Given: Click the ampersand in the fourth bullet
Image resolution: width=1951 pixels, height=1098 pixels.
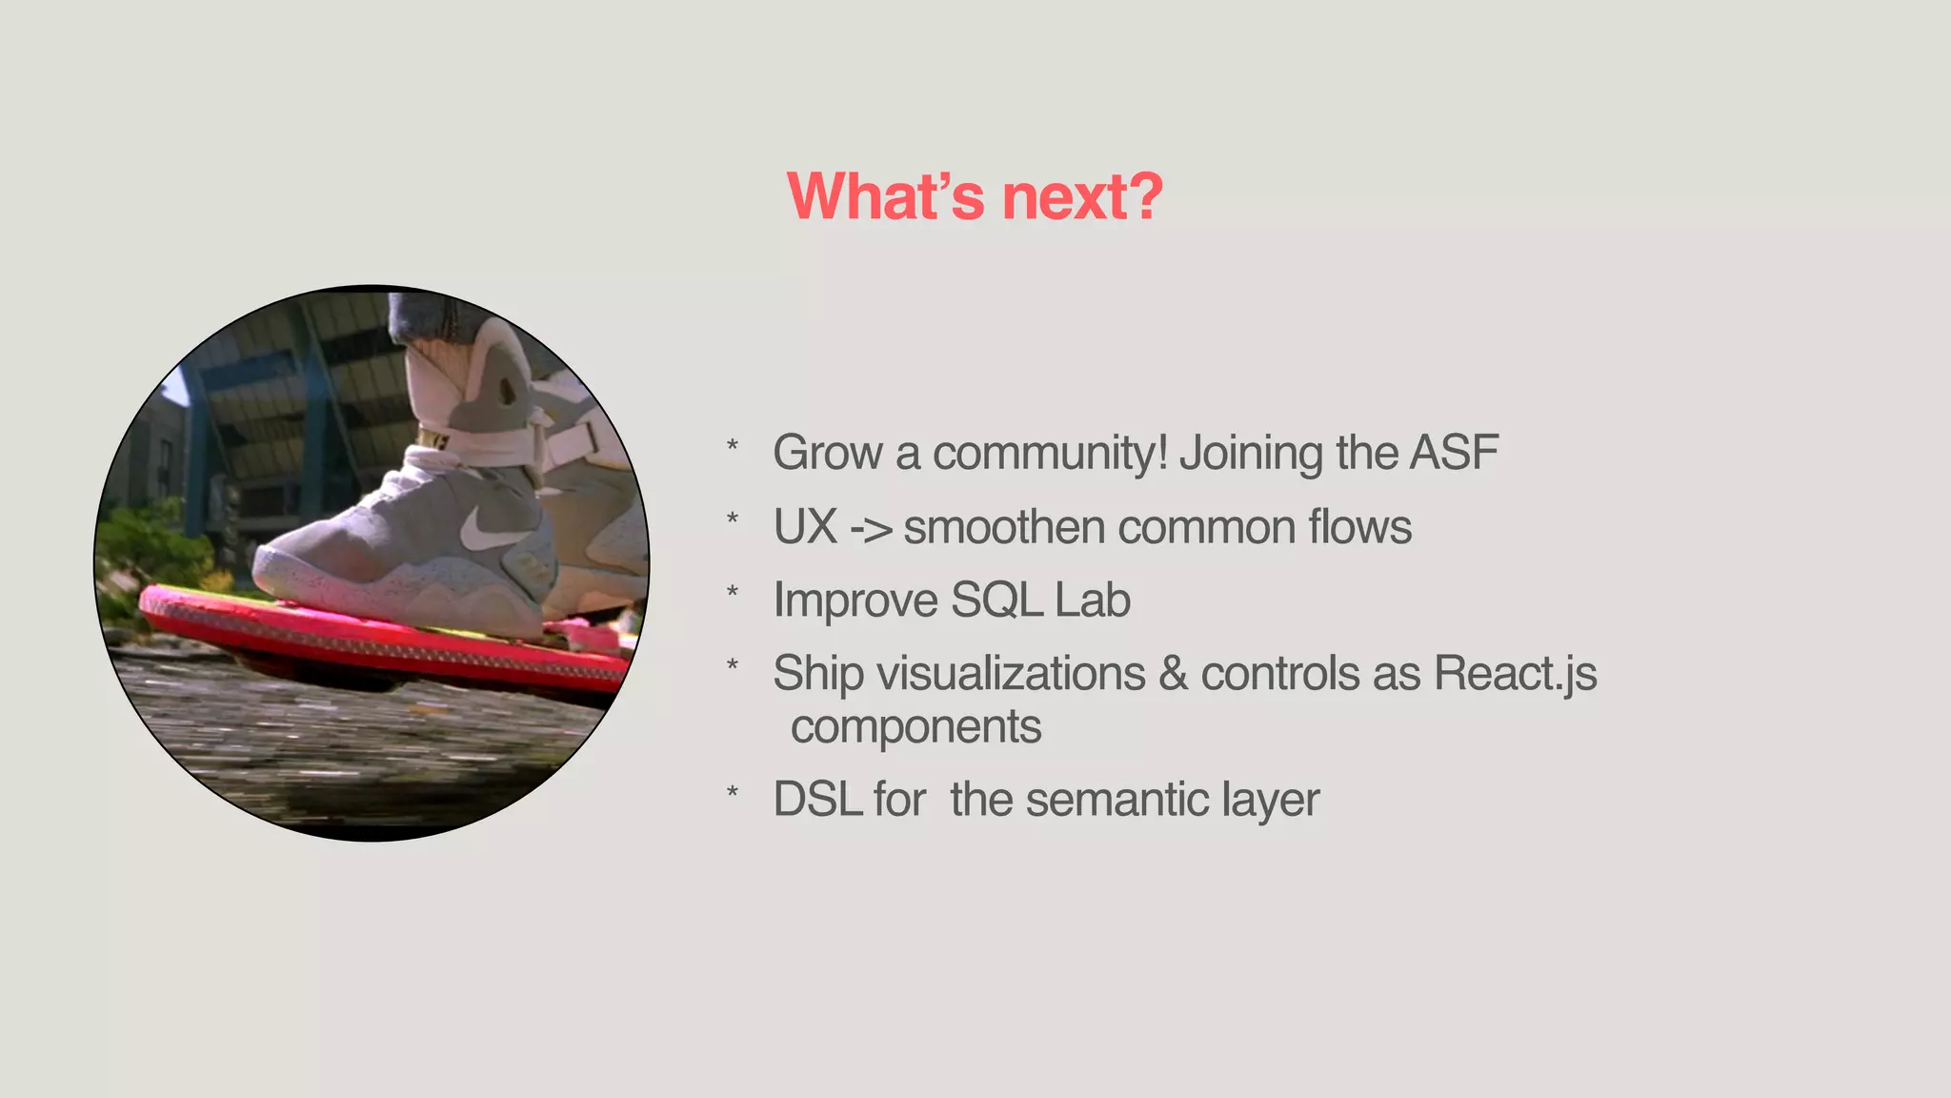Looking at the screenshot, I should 1174,674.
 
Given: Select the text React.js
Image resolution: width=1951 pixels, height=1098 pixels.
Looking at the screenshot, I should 1515,674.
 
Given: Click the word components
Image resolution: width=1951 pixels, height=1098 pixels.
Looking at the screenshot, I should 915,728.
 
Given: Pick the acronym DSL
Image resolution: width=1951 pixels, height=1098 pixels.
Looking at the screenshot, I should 817,799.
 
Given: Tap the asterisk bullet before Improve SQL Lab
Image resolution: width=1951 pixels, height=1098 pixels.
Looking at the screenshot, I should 732,592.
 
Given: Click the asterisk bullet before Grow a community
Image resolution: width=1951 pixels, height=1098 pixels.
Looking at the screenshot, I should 732,444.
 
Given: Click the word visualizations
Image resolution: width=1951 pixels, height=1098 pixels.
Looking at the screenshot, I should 1011,674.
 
